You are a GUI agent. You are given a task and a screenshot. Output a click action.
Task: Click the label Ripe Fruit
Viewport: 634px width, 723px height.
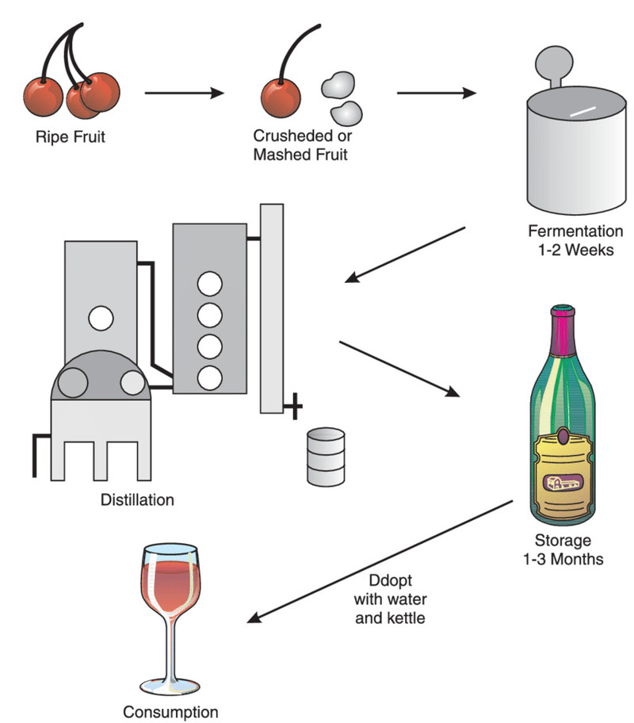(x=71, y=136)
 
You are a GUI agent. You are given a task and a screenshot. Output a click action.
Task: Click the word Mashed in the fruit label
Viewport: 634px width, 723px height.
(x=276, y=154)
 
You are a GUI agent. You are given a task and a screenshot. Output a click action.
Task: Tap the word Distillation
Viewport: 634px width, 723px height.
(x=137, y=500)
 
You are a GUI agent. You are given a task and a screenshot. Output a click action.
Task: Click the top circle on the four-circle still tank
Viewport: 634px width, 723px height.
(x=210, y=282)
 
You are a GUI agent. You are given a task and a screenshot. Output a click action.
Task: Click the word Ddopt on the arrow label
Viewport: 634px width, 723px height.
(x=388, y=580)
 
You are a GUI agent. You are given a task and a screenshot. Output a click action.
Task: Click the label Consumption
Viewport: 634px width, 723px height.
(x=170, y=711)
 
